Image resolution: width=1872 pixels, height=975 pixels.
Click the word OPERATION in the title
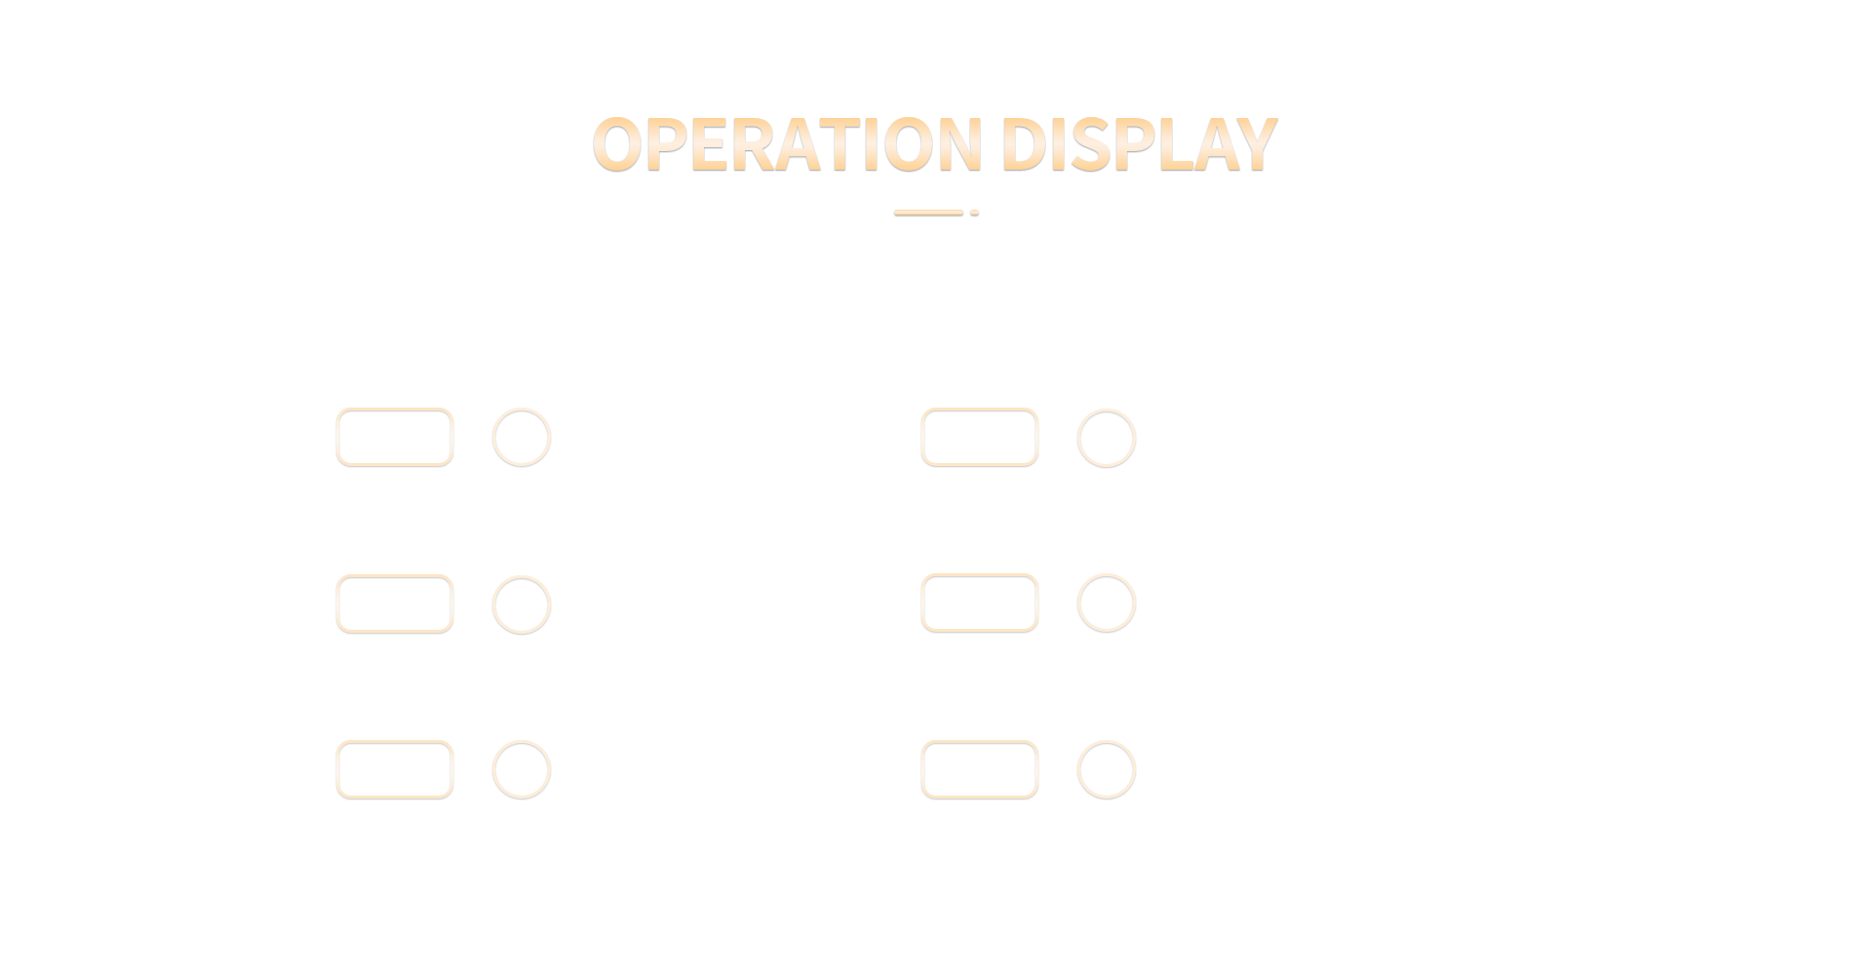tap(787, 144)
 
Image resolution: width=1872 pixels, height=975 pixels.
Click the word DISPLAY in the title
tap(1139, 144)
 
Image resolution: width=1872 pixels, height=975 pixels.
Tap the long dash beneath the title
tap(928, 213)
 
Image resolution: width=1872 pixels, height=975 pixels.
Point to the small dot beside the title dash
tap(974, 213)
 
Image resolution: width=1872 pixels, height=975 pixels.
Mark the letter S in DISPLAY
tap(1089, 144)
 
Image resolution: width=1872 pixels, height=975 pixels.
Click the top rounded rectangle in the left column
tap(395, 409)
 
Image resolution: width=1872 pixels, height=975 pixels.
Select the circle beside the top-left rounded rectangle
tap(522, 409)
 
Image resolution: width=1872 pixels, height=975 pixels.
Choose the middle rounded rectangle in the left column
tap(395, 577)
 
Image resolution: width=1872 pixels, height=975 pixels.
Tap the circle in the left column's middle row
tap(522, 577)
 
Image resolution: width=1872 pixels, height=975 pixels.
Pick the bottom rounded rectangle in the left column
tap(395, 743)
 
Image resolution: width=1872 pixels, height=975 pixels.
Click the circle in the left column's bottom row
tap(522, 743)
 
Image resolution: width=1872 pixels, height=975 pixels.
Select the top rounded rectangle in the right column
tap(980, 409)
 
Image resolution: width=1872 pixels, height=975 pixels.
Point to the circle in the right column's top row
tap(1107, 410)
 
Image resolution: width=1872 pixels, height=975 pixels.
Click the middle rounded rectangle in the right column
tap(980, 576)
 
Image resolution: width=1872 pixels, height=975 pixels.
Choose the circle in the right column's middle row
tap(1107, 575)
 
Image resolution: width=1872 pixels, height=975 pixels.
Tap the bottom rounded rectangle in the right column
tap(980, 743)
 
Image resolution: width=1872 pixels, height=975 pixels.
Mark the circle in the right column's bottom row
tap(1107, 743)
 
